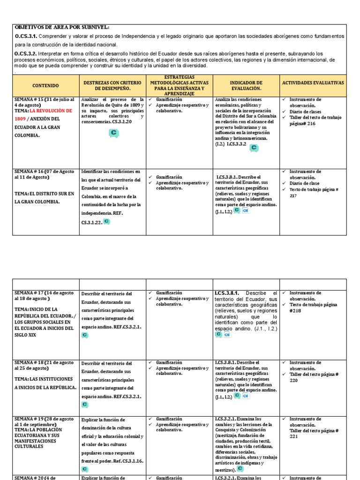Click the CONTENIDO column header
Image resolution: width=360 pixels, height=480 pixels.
[x=45, y=86]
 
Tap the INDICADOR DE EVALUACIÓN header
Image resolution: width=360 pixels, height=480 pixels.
[x=246, y=85]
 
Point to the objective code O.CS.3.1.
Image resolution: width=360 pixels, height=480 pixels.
[x=26, y=36]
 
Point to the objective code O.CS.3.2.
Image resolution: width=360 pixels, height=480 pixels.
[x=26, y=53]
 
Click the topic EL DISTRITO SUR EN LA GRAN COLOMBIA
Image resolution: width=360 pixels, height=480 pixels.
[x=44, y=197]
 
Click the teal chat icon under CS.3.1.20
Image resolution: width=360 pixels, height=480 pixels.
[x=113, y=134]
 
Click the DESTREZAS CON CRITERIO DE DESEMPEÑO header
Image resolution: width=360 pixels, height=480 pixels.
[x=112, y=85]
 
